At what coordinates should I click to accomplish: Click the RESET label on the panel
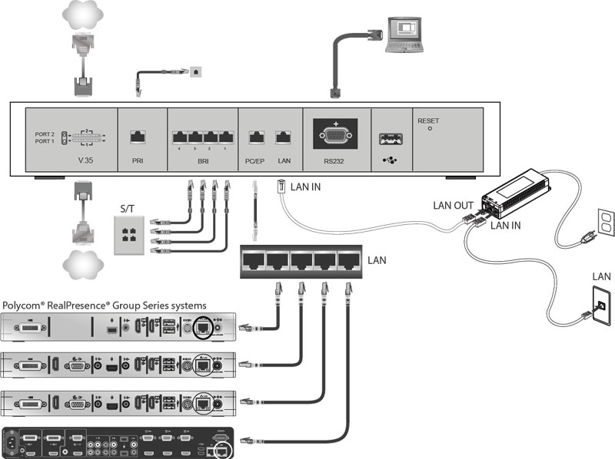pyautogui.click(x=428, y=121)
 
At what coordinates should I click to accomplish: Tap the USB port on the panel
pyautogui.click(x=391, y=139)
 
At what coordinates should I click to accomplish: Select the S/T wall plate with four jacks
pyautogui.click(x=128, y=228)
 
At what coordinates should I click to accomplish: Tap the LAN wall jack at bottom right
pyautogui.click(x=601, y=305)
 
